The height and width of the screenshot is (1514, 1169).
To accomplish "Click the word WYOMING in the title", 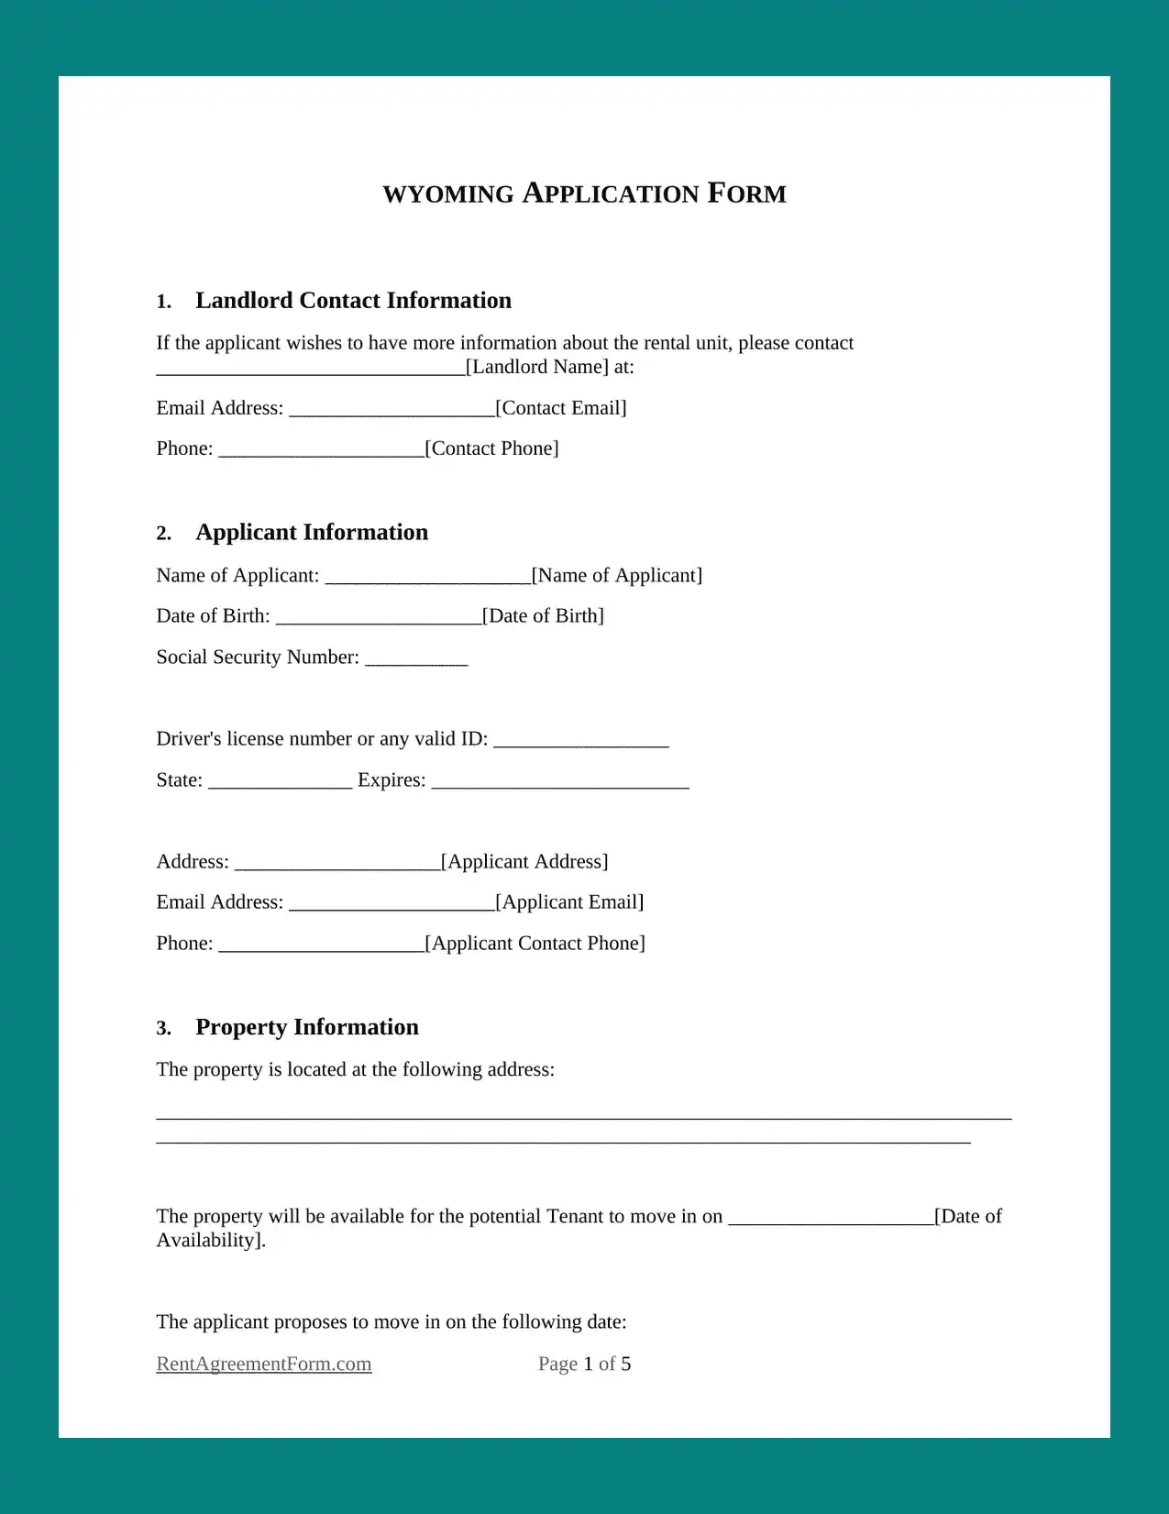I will point(448,194).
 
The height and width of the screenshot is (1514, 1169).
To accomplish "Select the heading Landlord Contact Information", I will point(353,301).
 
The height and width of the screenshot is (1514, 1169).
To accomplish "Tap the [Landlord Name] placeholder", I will point(537,367).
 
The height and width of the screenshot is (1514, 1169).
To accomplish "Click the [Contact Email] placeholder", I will point(561,408).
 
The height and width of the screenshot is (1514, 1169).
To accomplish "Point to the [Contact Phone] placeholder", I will point(492,448).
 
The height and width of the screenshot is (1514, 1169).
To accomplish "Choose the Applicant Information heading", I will point(312,533).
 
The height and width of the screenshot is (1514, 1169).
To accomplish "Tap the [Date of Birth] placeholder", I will point(543,615).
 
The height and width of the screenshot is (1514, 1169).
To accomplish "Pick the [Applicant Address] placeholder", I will point(524,861).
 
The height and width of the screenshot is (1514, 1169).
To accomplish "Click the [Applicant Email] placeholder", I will point(569,902).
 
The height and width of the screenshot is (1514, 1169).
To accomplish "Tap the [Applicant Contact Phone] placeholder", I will point(535,944).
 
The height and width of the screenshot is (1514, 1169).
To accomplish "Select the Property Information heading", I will point(307,1027).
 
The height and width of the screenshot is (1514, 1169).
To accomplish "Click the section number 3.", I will point(164,1029).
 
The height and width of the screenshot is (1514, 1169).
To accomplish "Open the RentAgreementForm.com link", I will point(264,1364).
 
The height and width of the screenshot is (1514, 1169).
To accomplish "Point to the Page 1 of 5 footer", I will point(584,1364).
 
